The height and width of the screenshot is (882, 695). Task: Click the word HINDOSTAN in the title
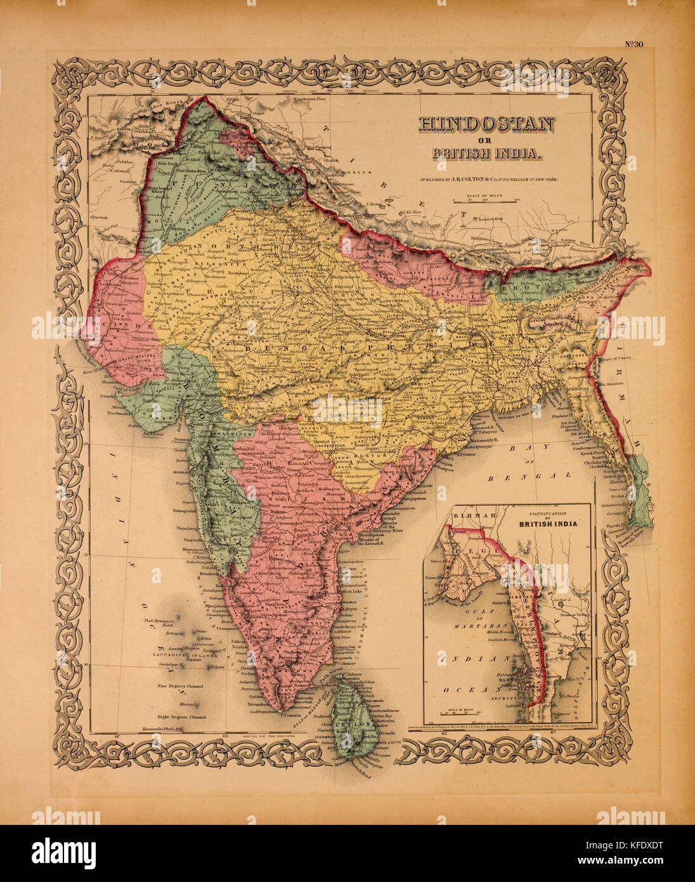[486, 124]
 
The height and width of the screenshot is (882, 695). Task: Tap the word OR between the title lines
[486, 140]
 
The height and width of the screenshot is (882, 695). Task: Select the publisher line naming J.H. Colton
[488, 180]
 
